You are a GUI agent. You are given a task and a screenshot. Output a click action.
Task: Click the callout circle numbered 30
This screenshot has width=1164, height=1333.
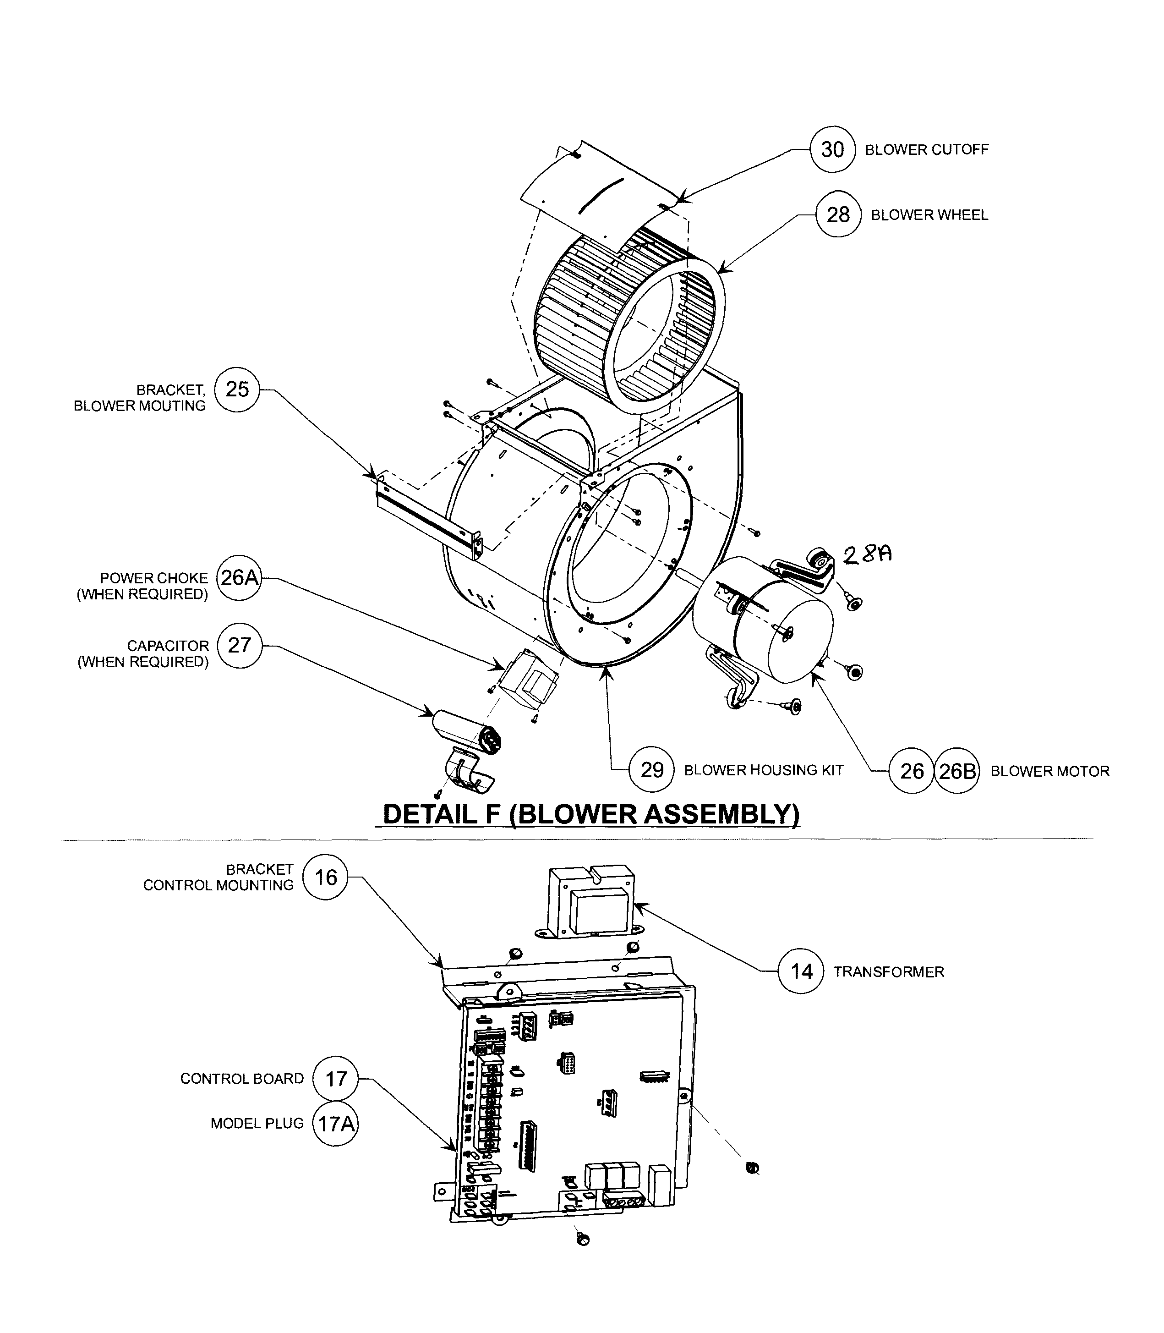833,149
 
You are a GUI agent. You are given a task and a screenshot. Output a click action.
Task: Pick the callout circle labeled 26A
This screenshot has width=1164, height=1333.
239,577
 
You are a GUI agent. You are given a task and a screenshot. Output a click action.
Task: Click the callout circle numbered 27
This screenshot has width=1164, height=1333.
239,645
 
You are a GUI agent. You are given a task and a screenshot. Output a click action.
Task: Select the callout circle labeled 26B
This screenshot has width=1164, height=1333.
957,771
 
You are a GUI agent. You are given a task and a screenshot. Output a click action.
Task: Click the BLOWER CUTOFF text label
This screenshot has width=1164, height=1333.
926,149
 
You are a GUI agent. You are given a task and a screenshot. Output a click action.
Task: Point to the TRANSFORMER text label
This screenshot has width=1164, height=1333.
889,972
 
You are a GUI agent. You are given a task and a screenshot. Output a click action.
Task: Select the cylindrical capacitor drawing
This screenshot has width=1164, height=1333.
465,731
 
